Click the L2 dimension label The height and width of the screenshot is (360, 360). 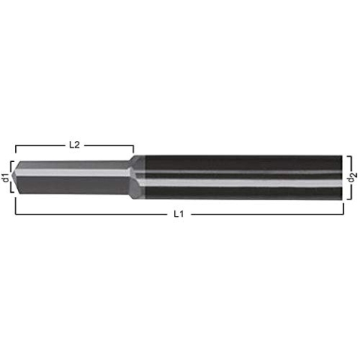click(74, 145)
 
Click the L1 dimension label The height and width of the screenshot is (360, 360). click(178, 214)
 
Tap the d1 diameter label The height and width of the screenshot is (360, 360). click(6, 178)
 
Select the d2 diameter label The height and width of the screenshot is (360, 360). click(354, 178)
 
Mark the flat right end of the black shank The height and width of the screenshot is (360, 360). click(346, 178)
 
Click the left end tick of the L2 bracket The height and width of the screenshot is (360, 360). click(16, 148)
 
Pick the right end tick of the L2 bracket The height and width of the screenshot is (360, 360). click(133, 148)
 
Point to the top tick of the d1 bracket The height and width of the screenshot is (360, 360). click(11, 161)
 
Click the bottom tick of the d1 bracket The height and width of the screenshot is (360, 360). click(11, 193)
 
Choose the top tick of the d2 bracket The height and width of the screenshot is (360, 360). click(350, 157)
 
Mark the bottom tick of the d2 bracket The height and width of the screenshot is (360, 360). click(350, 199)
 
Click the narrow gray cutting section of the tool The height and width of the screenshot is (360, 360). click(75, 178)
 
